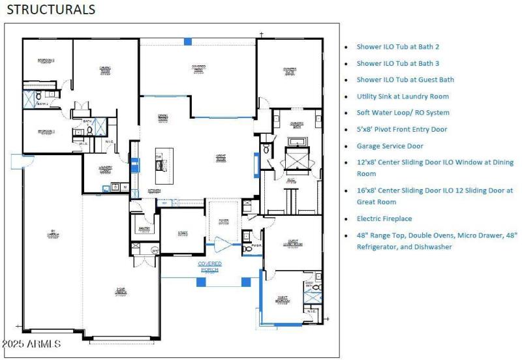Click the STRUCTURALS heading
(x=51, y=10)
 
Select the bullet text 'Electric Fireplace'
(x=384, y=218)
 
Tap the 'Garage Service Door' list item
(x=390, y=146)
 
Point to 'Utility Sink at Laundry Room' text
(x=402, y=96)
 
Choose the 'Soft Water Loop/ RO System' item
(x=403, y=112)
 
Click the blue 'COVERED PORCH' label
(x=210, y=266)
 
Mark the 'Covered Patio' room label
(x=198, y=67)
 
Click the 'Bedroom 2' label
(x=46, y=61)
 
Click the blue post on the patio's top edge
(x=188, y=41)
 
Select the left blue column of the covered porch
(x=201, y=282)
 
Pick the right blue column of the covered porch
(x=246, y=282)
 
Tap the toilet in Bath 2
(x=28, y=84)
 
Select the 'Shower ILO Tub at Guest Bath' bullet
(x=405, y=80)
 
